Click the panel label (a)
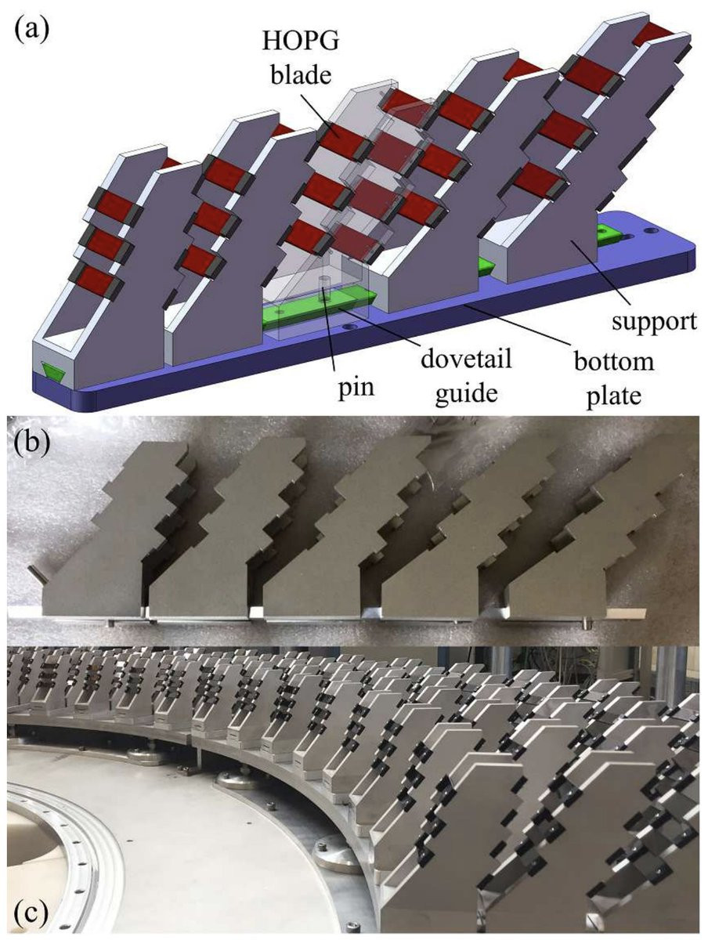pos(32,30)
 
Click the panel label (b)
pos(32,439)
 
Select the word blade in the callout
pos(302,75)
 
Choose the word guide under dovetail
pos(467,392)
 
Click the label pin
pos(356,388)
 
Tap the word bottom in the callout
pos(613,362)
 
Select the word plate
pos(613,396)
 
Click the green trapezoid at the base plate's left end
pos(53,369)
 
